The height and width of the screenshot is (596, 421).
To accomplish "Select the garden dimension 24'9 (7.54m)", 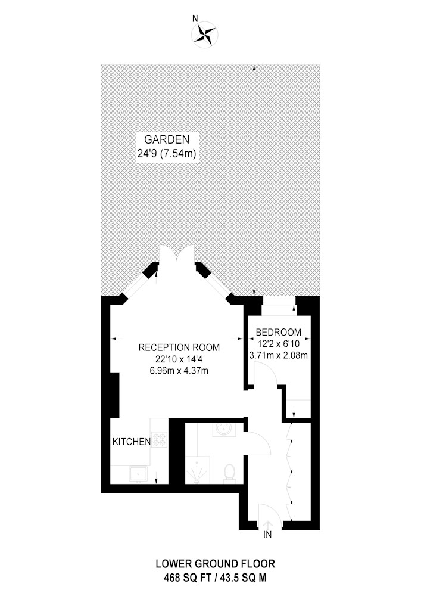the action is [167, 154].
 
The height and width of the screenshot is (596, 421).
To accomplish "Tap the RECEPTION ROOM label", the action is [179, 347].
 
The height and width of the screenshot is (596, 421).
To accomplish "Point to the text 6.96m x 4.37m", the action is [179, 370].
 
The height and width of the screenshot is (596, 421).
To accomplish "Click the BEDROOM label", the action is [279, 332].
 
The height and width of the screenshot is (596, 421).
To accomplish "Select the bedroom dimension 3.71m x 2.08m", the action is [278, 356].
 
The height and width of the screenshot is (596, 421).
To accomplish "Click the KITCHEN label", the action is [132, 442].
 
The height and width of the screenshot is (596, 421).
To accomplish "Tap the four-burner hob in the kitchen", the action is [160, 440].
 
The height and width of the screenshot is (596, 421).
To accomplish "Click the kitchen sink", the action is [138, 474].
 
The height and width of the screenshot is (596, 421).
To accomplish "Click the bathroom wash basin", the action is [224, 430].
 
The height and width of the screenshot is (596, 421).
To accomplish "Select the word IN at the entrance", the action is [267, 535].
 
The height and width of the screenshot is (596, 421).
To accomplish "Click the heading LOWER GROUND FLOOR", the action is [215, 564].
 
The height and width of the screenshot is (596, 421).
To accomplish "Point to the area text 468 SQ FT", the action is [184, 578].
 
